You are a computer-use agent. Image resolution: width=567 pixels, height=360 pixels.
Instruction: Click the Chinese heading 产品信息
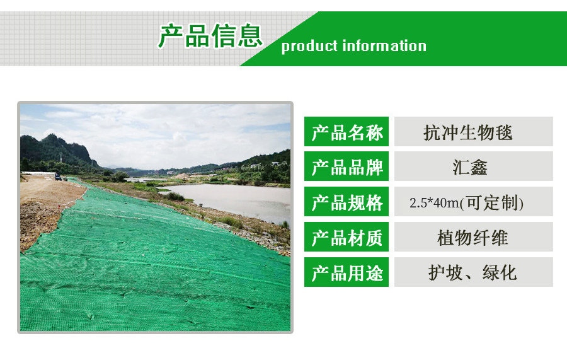tap(210, 36)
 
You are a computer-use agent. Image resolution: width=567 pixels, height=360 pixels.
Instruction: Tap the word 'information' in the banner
tap(384, 45)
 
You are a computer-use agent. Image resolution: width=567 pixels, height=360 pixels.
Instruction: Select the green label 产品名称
tap(346, 132)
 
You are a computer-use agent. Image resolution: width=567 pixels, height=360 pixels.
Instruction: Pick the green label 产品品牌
tap(346, 166)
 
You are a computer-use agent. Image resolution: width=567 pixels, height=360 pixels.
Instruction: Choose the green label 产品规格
tap(346, 202)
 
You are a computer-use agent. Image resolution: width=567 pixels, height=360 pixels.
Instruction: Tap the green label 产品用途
tap(346, 272)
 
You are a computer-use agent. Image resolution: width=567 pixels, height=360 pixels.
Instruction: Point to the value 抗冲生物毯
tap(468, 132)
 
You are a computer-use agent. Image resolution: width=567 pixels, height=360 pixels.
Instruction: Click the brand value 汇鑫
tap(470, 167)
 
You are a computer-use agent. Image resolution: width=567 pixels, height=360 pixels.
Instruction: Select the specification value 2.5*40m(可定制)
tap(466, 202)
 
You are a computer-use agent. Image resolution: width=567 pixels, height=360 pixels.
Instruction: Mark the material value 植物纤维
tap(472, 238)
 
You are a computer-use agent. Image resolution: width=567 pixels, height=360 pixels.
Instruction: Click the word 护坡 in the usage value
tap(445, 273)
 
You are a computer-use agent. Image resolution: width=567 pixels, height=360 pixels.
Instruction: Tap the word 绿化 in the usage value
tap(500, 273)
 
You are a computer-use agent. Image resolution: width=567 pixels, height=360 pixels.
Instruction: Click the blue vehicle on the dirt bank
tap(58, 177)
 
